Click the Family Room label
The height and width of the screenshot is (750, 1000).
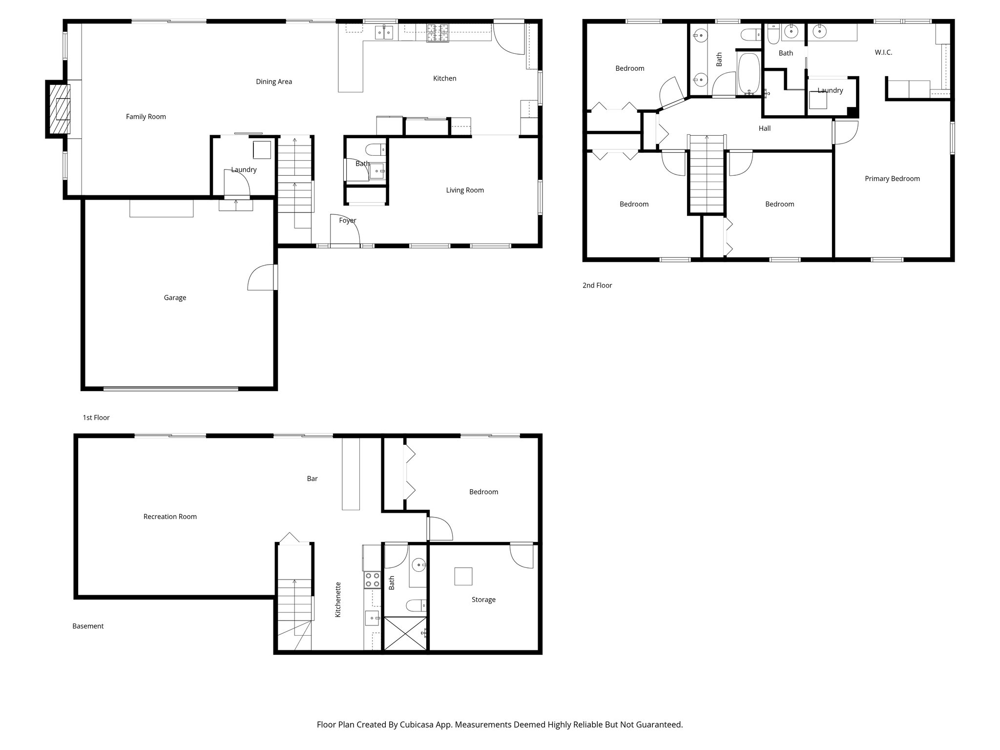[x=146, y=117]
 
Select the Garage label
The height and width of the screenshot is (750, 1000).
[x=175, y=298]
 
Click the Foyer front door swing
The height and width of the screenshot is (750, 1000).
[x=345, y=230]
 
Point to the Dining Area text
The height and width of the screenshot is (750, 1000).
[x=273, y=82]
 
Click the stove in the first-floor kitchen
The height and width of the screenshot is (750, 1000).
[x=437, y=33]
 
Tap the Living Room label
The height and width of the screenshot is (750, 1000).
[x=464, y=190]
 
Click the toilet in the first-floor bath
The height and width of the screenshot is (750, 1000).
[x=375, y=149]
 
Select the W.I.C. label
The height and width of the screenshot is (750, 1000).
[x=883, y=52]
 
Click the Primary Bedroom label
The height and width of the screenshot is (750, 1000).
[x=892, y=179]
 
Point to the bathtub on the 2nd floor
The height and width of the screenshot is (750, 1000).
[x=748, y=73]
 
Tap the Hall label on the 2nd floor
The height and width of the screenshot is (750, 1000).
[x=764, y=128]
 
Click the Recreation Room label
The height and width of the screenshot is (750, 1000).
[x=170, y=517]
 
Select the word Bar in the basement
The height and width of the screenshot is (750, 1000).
[x=312, y=479]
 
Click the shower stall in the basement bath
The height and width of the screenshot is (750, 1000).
[x=405, y=633]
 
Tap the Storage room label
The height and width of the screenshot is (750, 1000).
[x=483, y=600]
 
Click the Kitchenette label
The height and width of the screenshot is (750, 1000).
[x=338, y=600]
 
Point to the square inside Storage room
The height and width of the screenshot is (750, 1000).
[x=463, y=576]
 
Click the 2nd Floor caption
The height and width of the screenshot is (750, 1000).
[x=597, y=286]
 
